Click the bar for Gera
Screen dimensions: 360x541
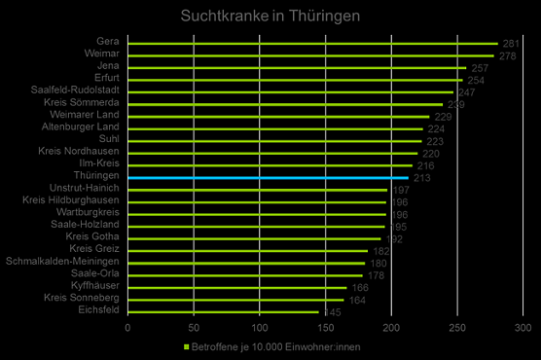311,44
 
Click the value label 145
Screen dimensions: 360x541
330,312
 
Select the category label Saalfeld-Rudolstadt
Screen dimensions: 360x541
76,91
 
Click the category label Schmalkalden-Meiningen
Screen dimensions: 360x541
62,262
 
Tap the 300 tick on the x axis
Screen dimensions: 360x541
524,329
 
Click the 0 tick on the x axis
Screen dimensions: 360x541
127,329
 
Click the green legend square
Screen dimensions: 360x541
186,346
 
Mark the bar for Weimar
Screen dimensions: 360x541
309,55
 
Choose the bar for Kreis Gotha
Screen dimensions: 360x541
253,238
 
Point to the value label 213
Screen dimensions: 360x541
421,178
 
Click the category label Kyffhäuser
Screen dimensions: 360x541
95,286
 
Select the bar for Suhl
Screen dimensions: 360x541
272,141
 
